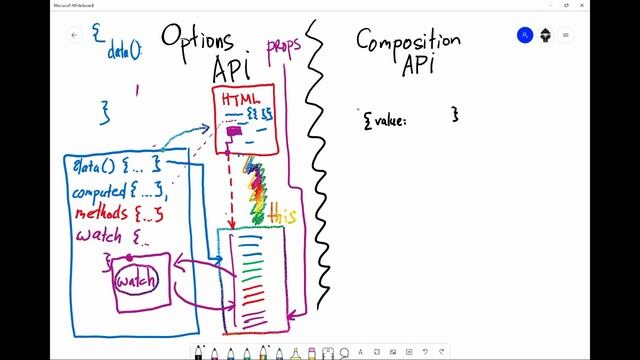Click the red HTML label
coord(241,101)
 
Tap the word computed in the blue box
coord(98,191)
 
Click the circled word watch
coord(137,282)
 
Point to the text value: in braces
coord(385,119)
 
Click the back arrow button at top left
coord(74,35)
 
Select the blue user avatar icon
coord(525,35)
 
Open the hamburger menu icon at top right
coord(566,35)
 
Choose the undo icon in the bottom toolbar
coord(424,352)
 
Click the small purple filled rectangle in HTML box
coord(233,130)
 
